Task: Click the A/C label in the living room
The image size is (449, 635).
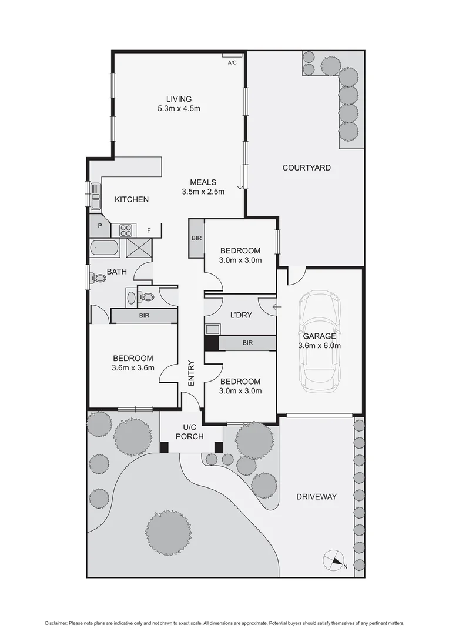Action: click(x=232, y=63)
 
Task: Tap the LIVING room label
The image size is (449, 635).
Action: click(x=179, y=99)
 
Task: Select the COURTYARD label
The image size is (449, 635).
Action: click(x=306, y=168)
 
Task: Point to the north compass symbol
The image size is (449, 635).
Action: click(x=334, y=560)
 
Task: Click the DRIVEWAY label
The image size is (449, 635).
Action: click(x=316, y=497)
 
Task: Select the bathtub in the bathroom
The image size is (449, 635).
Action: click(x=105, y=249)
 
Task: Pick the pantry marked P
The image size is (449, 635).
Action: click(x=100, y=226)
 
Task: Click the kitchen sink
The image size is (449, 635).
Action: click(x=95, y=196)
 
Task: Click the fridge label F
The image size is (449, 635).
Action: click(x=149, y=230)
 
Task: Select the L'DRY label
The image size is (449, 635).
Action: click(x=241, y=315)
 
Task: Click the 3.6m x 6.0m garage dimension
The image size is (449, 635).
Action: click(x=319, y=346)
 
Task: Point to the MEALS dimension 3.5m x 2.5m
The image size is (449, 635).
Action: click(x=203, y=192)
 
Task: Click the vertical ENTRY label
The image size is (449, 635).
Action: click(x=191, y=373)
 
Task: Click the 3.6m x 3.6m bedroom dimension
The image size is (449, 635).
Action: click(x=133, y=369)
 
